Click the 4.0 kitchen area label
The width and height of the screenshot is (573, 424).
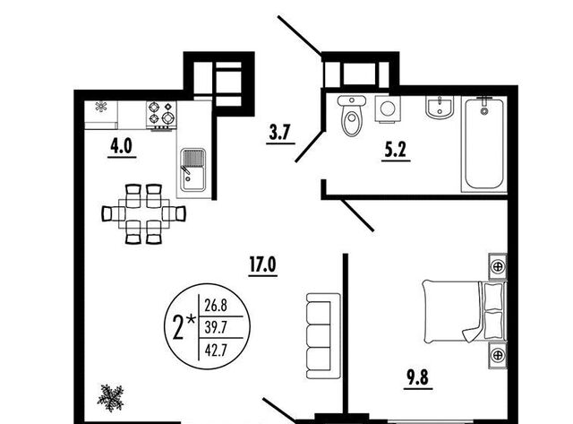pyautogui.click(x=122, y=147)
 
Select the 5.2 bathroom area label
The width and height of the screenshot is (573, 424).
pyautogui.click(x=395, y=150)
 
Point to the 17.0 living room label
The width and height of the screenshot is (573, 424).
pyautogui.click(x=262, y=264)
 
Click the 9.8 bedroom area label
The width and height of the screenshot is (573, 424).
pyautogui.click(x=417, y=377)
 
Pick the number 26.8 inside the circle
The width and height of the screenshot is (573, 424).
pyautogui.click(x=216, y=305)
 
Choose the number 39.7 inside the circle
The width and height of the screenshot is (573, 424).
pyautogui.click(x=216, y=327)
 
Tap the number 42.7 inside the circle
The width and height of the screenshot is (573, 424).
pyautogui.click(x=216, y=350)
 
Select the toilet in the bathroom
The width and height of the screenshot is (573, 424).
pyautogui.click(x=352, y=115)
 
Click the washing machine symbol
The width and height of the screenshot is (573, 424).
pyautogui.click(x=388, y=108)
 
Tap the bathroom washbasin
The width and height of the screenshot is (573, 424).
pyautogui.click(x=440, y=108)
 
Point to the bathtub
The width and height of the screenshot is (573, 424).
pyautogui.click(x=484, y=143)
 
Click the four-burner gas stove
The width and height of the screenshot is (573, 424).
pyautogui.click(x=161, y=115)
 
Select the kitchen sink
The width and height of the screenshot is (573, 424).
pyautogui.click(x=193, y=169)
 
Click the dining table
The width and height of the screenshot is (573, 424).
pyautogui.click(x=144, y=213)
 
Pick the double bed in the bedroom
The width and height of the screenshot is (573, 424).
pyautogui.click(x=465, y=311)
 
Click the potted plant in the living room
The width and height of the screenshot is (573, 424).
pyautogui.click(x=110, y=398)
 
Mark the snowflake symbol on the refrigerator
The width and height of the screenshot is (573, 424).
pyautogui.click(x=101, y=107)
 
